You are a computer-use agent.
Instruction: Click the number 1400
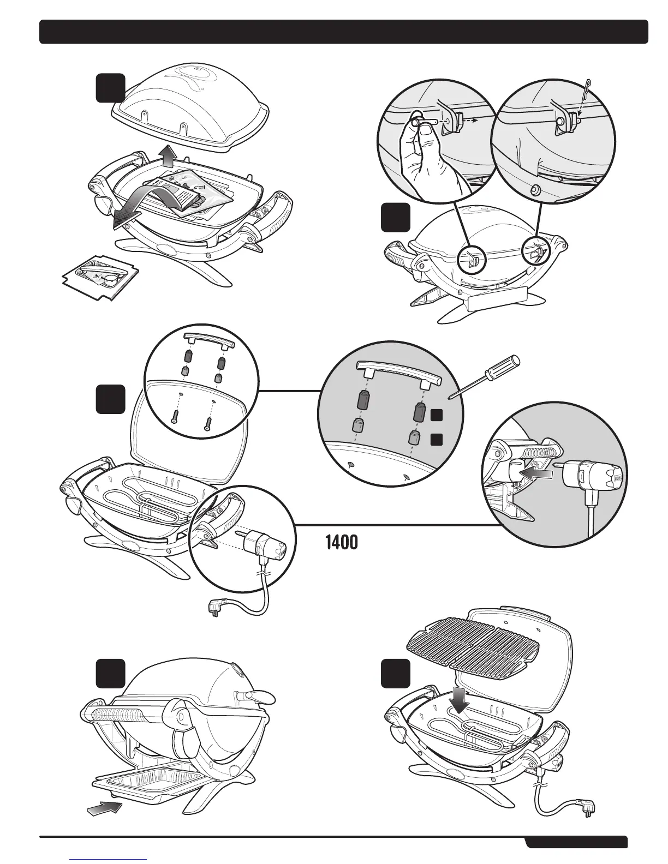[342, 543]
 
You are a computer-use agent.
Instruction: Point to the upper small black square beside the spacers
[436, 416]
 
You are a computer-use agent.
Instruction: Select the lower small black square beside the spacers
[436, 438]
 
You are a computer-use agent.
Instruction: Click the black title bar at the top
[344, 32]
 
